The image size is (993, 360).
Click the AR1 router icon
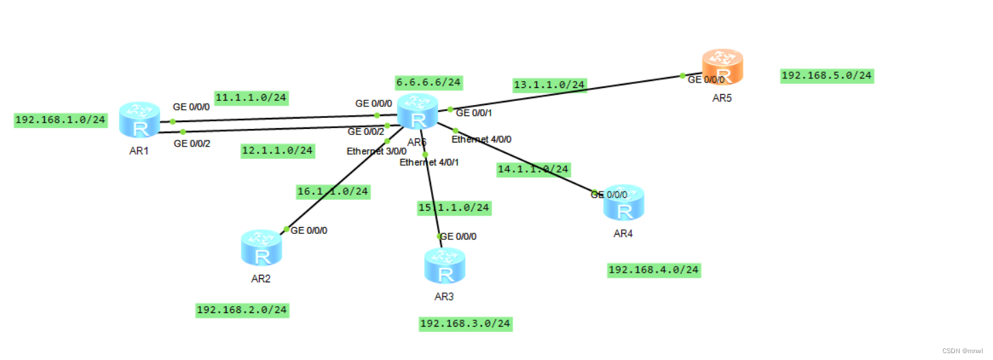139,119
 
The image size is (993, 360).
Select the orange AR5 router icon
722,67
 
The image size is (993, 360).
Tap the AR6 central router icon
417,112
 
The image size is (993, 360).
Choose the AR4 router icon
623,202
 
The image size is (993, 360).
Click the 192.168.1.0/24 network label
61,120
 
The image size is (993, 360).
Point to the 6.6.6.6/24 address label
428,82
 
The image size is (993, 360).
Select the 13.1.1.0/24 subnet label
550,85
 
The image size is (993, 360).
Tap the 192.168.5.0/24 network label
827,75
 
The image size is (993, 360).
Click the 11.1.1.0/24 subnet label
251,97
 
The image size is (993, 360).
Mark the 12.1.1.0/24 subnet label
278,150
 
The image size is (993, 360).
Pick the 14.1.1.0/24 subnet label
533,169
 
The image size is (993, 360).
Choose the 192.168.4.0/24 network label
653,270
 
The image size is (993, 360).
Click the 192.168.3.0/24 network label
466,323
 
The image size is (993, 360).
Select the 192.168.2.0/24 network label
242,310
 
